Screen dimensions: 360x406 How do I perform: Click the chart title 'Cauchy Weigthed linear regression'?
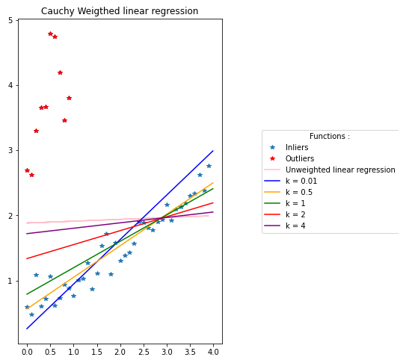coord(120,11)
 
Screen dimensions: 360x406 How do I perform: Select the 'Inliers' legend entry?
coord(297,148)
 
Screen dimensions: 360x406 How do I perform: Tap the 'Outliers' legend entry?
coord(299,159)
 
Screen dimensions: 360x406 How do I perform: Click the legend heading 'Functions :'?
coord(330,137)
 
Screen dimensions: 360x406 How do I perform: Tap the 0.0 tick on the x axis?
coord(27,350)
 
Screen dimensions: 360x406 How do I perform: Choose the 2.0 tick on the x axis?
coord(120,350)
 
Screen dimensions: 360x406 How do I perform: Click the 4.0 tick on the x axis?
coord(213,350)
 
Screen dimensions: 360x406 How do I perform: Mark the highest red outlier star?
coord(50,34)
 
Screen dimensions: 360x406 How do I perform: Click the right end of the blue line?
coord(213,151)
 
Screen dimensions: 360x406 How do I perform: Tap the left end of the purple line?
coord(27,234)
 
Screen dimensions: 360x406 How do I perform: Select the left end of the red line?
coord(27,258)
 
